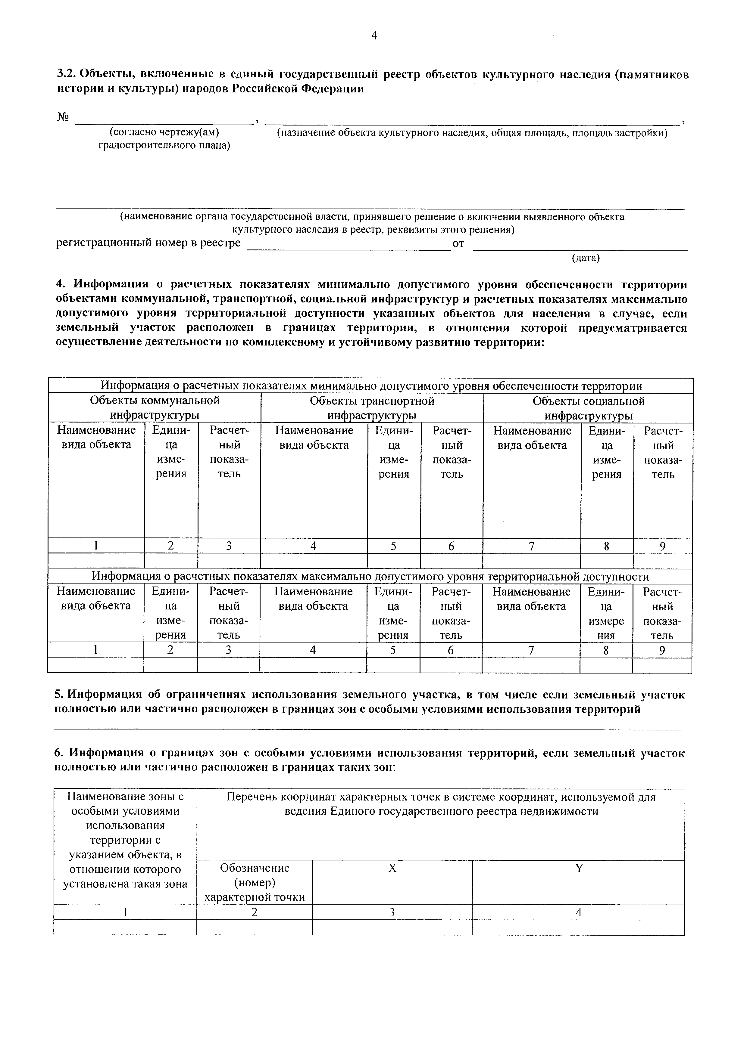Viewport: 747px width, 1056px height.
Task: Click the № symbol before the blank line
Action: (x=63, y=118)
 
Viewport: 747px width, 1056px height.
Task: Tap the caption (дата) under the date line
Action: (x=586, y=258)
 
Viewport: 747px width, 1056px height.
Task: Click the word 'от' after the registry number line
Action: (x=458, y=243)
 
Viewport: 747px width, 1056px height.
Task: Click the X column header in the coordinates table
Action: (x=392, y=868)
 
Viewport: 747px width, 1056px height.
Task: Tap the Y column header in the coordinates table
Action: (x=579, y=868)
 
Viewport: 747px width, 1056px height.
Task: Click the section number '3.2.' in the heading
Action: (x=65, y=75)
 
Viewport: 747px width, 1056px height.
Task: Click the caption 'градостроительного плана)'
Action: (x=164, y=146)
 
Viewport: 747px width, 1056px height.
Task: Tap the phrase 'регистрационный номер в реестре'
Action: (x=148, y=243)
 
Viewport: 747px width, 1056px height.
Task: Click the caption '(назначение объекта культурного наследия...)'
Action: (x=472, y=133)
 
